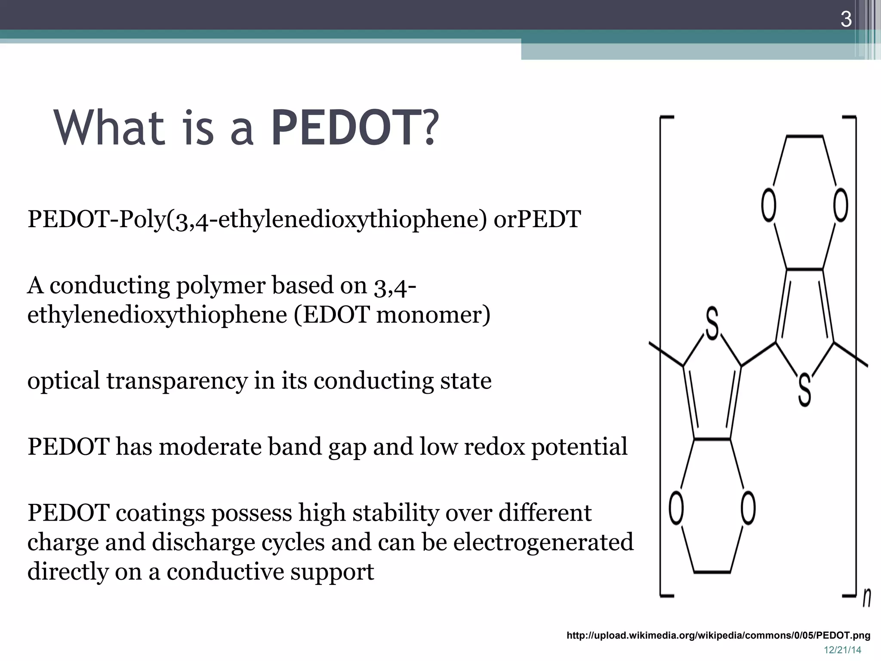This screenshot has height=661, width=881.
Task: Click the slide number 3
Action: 846,20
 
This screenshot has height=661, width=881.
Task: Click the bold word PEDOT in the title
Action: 347,128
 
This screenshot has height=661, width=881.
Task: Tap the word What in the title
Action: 109,128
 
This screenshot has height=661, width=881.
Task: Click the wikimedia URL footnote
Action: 718,635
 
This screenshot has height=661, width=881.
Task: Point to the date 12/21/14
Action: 842,650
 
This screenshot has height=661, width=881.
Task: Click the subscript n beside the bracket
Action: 866,598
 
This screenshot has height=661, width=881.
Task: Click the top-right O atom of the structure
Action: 841,205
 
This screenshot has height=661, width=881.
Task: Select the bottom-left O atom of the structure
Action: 676,508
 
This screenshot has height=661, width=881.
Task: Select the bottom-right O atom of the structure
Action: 748,508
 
